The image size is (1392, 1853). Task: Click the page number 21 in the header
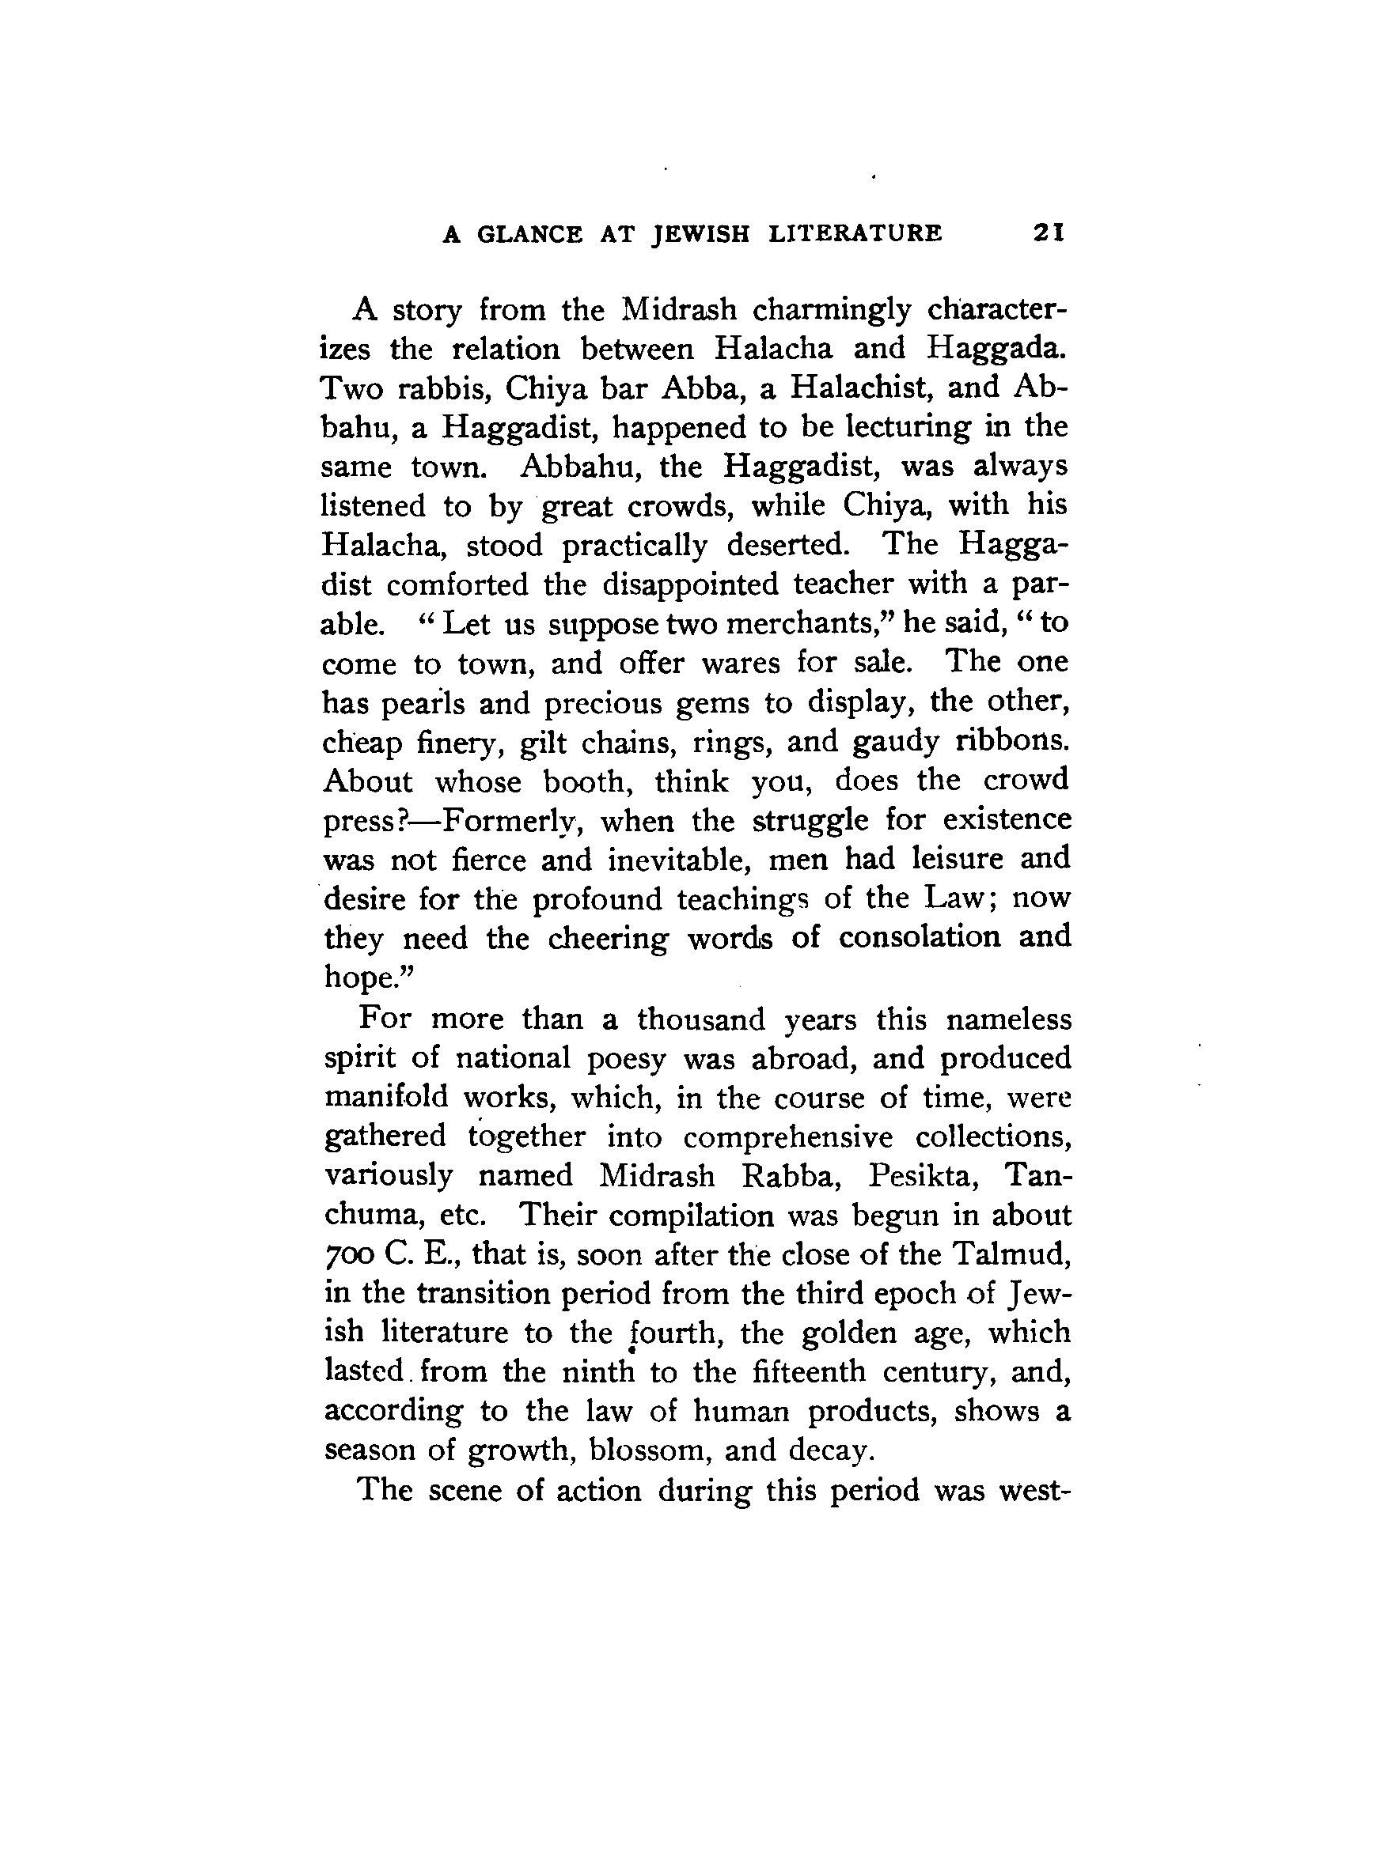(x=1049, y=232)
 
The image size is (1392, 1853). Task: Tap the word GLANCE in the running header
(x=529, y=234)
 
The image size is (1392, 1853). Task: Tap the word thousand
(x=700, y=1019)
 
